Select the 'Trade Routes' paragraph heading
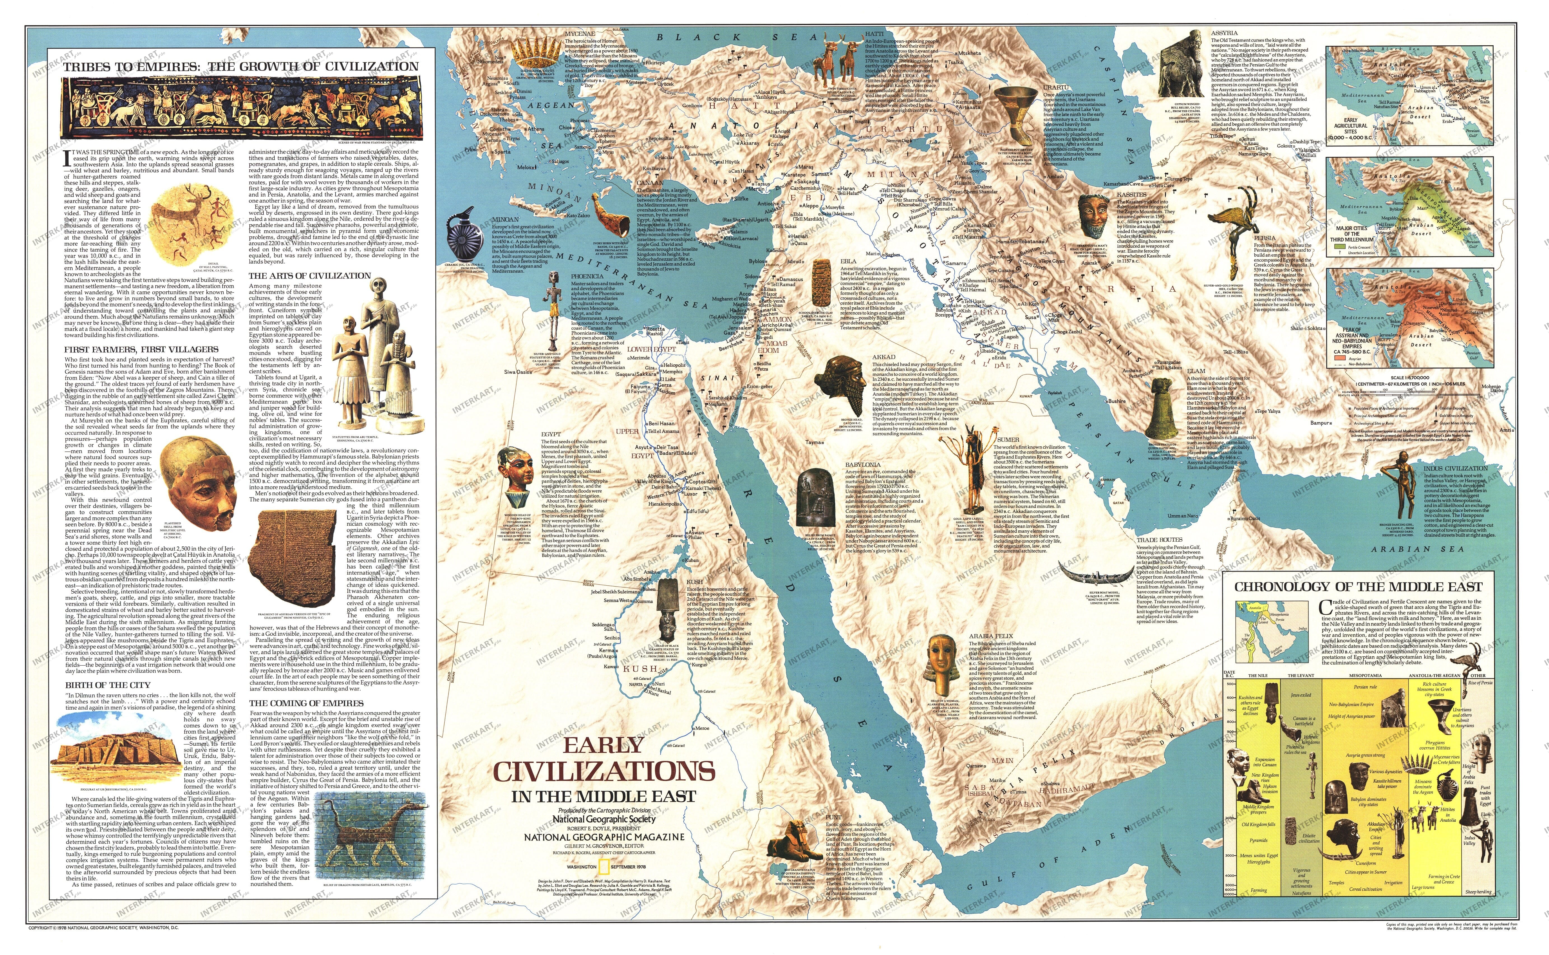click(x=1159, y=540)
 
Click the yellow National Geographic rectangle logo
click(x=604, y=867)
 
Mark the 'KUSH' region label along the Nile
click(x=640, y=668)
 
